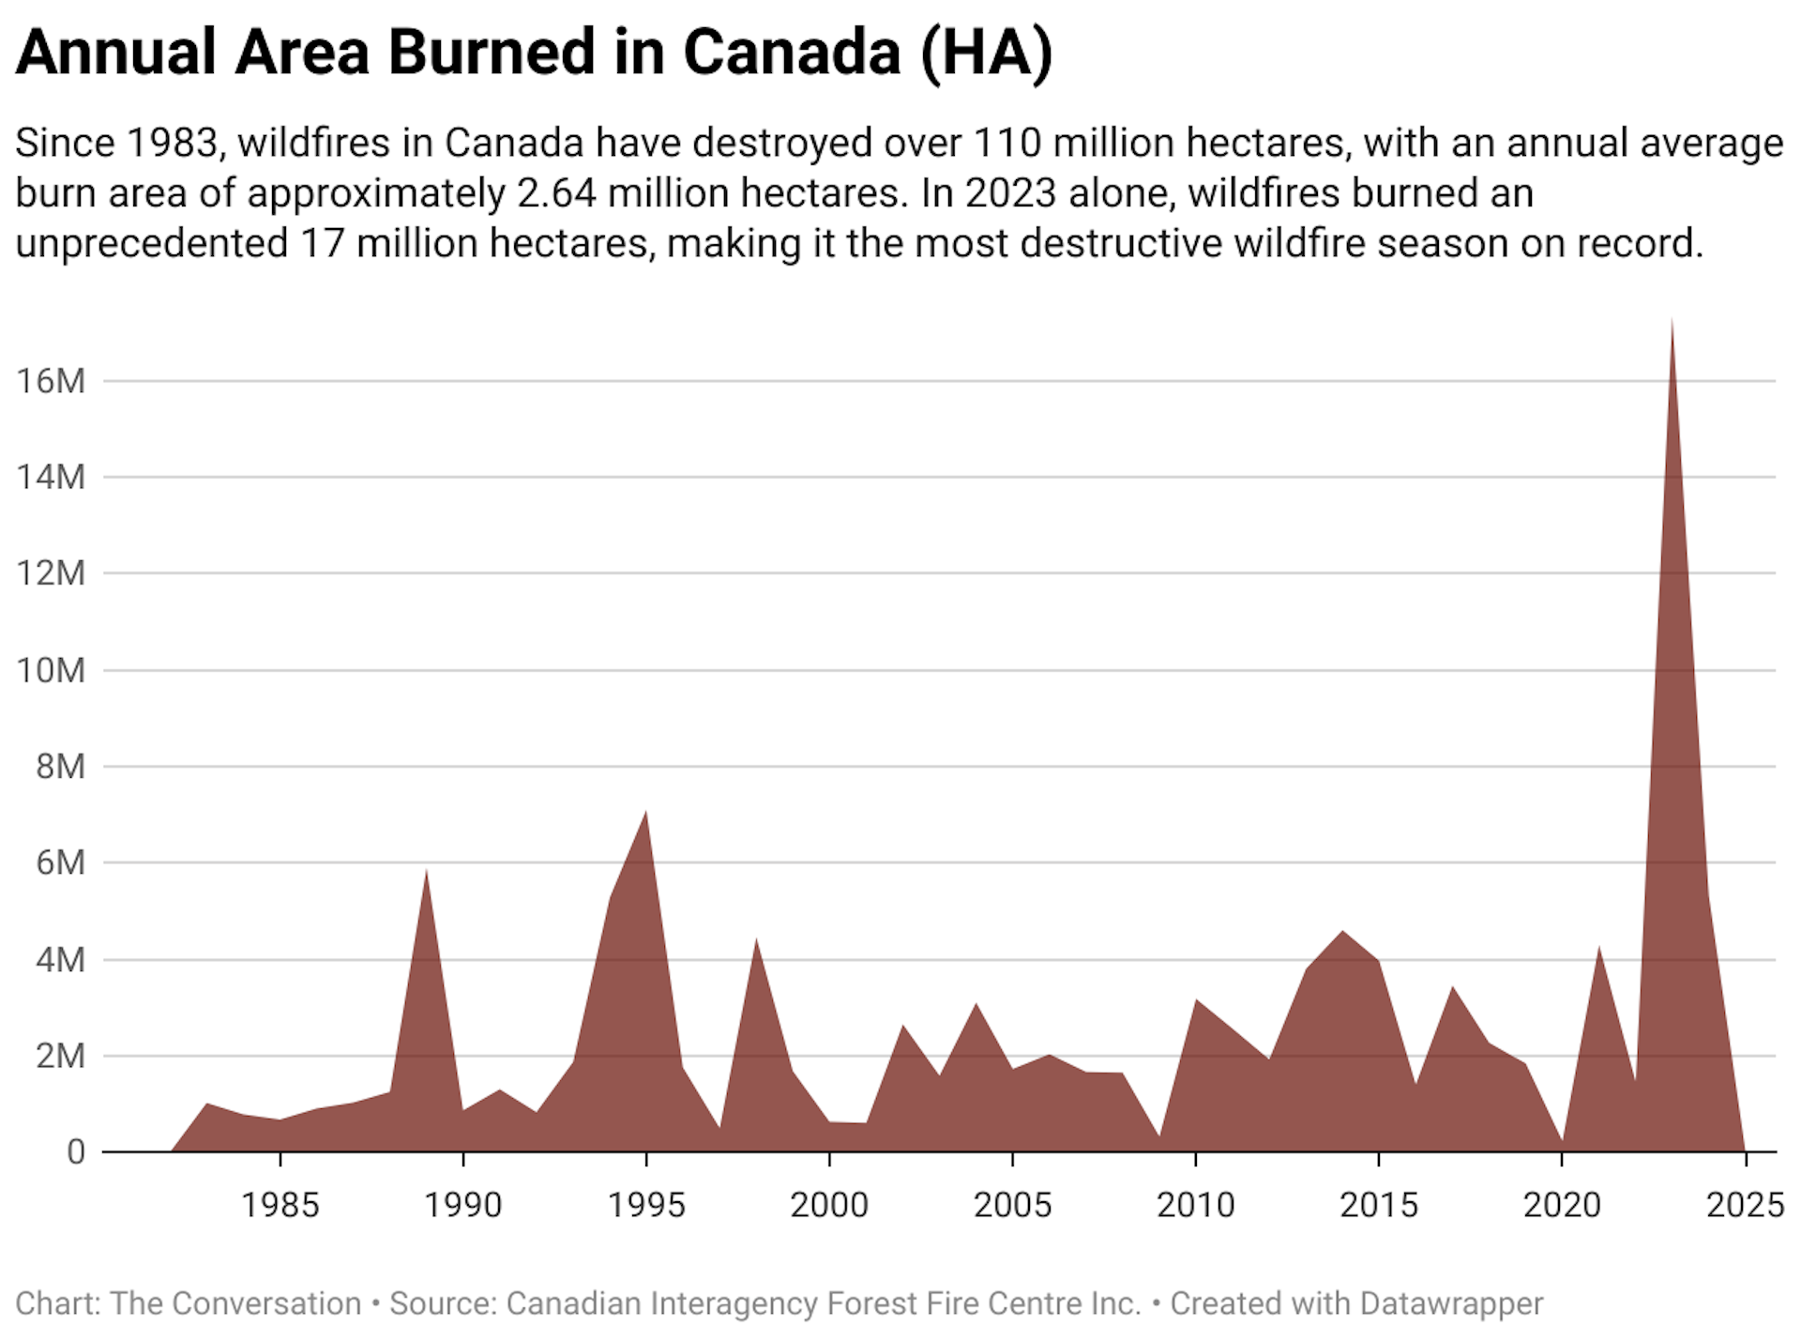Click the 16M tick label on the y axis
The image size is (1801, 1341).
tap(51, 381)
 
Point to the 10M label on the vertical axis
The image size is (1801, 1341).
tap(51, 670)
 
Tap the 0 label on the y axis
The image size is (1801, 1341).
tap(75, 1151)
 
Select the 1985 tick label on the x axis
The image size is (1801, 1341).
tap(280, 1205)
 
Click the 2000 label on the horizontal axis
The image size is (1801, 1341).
tap(829, 1205)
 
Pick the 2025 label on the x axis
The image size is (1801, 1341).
tap(1745, 1205)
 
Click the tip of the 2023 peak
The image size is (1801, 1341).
tap(1672, 319)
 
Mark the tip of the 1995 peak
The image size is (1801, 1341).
tap(646, 811)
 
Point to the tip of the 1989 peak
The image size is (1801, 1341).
tap(426, 870)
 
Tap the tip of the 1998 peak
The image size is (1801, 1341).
tap(756, 938)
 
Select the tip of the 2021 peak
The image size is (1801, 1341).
tap(1598, 947)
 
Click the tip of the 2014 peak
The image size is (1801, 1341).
tap(1342, 931)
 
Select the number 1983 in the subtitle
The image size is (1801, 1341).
tap(172, 143)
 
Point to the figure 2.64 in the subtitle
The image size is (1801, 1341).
tap(556, 193)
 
